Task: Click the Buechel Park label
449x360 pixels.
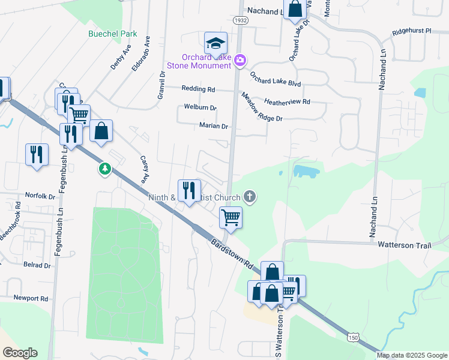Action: [x=113, y=34]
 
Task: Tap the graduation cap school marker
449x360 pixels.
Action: [x=215, y=43]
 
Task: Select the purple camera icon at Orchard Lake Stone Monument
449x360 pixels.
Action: [x=240, y=59]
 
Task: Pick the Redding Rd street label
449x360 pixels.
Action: [x=198, y=89]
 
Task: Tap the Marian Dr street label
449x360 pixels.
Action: [x=214, y=126]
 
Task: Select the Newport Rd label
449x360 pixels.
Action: [x=32, y=298]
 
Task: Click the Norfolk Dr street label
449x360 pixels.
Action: [x=40, y=196]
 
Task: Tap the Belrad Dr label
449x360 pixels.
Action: [x=37, y=265]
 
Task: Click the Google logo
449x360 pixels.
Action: [x=20, y=352]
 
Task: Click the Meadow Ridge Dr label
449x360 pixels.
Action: [x=262, y=107]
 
